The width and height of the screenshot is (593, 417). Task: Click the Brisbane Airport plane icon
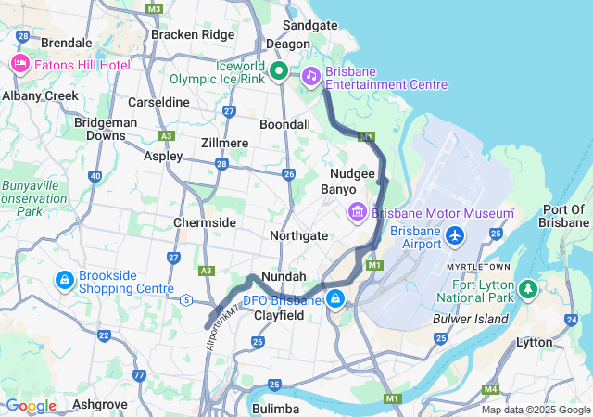tap(454, 235)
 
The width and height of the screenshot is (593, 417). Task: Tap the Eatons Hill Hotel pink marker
tap(19, 64)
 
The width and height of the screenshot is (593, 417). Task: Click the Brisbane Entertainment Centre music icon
tap(311, 75)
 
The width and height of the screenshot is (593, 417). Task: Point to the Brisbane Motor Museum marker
tap(357, 213)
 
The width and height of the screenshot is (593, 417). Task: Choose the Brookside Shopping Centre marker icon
tap(64, 279)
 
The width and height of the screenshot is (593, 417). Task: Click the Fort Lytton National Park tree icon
tap(528, 289)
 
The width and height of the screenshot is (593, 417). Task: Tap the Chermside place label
tap(204, 223)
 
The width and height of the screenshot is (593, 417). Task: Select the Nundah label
tap(284, 276)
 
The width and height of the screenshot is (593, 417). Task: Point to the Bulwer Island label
tap(471, 319)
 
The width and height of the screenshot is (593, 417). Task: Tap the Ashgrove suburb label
tap(99, 404)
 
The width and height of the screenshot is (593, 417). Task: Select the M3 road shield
tap(154, 8)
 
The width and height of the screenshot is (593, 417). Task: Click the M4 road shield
tap(490, 388)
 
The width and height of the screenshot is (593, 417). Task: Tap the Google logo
tap(31, 406)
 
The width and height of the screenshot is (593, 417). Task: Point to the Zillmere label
tap(224, 143)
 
